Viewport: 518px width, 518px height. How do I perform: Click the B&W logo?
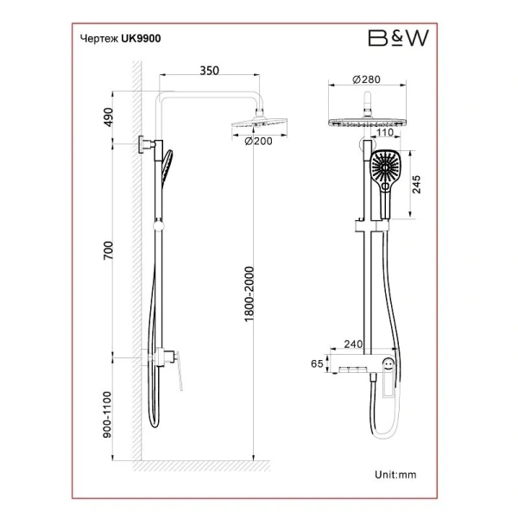398,38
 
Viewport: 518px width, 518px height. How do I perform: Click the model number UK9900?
141,39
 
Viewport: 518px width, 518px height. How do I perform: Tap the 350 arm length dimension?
210,71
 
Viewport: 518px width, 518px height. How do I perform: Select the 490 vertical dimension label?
109,117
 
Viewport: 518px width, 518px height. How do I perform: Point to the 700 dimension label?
109,250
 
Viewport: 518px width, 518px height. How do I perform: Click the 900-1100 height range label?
107,414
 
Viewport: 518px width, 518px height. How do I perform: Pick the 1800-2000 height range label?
249,294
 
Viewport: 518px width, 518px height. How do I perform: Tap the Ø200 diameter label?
258,142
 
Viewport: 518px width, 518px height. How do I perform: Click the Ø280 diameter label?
366,79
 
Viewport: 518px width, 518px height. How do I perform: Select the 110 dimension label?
385,132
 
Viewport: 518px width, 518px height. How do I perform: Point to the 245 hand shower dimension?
417,185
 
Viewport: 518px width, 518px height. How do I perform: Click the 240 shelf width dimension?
353,344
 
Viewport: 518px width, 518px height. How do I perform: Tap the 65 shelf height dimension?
317,363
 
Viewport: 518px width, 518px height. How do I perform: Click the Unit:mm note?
395,475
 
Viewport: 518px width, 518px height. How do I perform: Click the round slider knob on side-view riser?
159,226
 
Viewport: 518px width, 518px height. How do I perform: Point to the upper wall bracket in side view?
146,144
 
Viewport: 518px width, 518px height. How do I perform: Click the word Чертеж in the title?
99,39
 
